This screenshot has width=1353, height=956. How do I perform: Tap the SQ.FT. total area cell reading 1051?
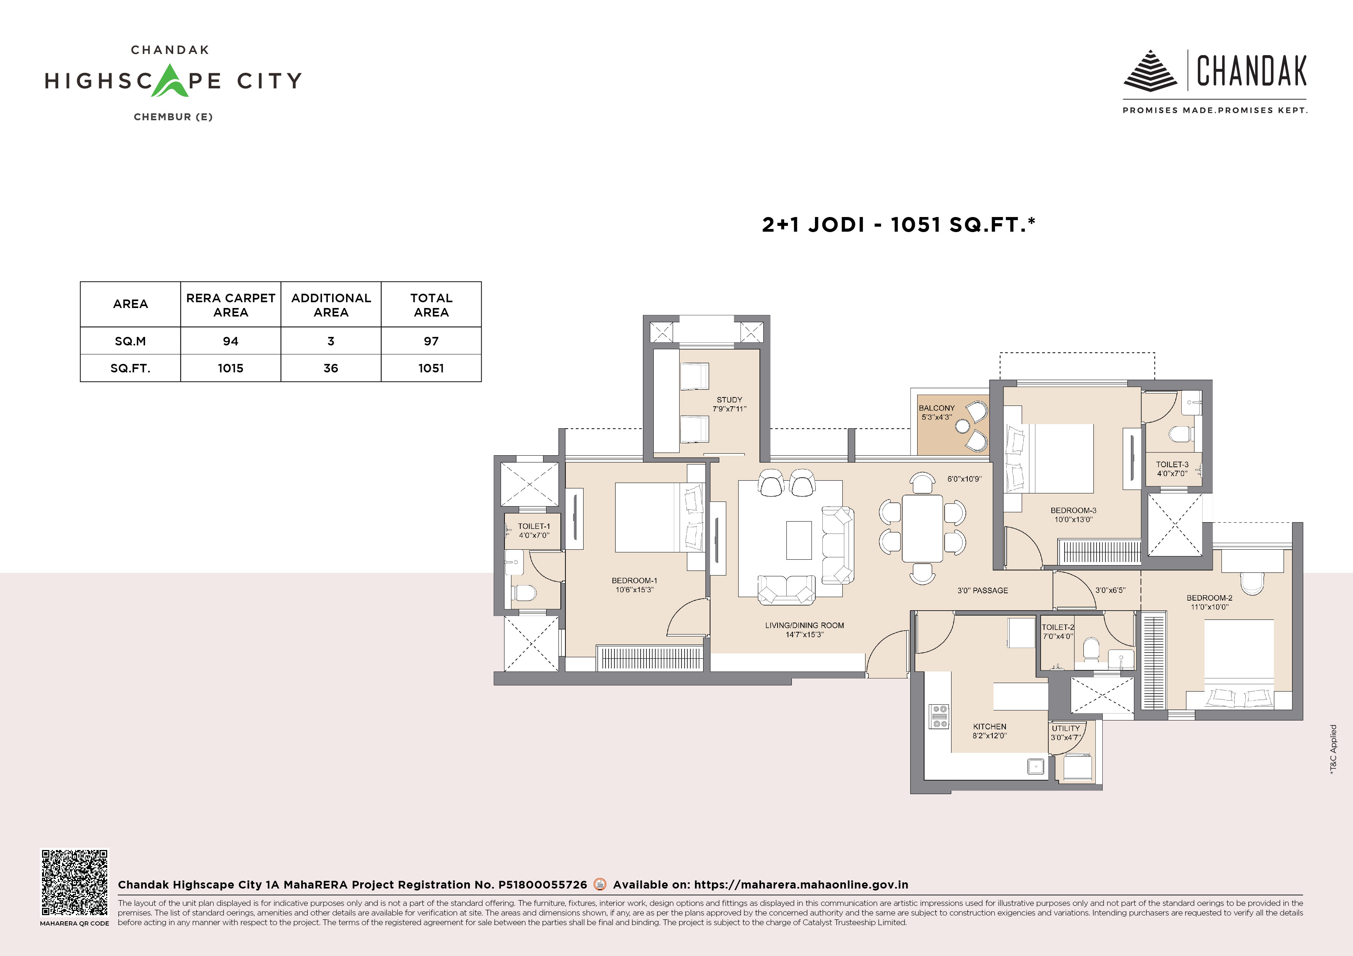coord(431,368)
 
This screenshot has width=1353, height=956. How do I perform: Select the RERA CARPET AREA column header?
coord(230,305)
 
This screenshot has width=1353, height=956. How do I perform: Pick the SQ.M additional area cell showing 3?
coord(331,341)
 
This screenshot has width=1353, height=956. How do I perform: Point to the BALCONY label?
coord(936,407)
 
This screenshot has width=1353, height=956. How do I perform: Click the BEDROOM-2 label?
coord(1209,597)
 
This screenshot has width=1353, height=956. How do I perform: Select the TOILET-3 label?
coord(1172,464)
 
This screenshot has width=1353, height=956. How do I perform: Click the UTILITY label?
coord(1065,728)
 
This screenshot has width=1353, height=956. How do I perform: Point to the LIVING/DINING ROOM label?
coord(805,625)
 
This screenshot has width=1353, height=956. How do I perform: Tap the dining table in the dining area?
coord(922,528)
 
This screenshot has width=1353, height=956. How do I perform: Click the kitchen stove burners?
coord(939,716)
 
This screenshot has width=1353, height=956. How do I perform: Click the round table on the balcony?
coord(962,426)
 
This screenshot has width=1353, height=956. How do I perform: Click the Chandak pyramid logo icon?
coord(1150,71)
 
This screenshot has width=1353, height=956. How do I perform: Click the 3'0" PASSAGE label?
coord(982,590)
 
